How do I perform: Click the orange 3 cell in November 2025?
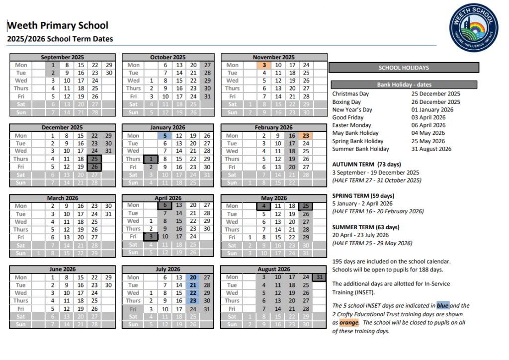(264, 65)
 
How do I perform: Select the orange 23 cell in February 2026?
(306, 136)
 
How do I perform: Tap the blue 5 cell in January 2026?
(165, 136)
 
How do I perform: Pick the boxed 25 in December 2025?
(94, 159)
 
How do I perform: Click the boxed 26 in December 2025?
(94, 167)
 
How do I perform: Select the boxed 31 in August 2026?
(320, 277)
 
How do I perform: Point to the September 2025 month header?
(63, 57)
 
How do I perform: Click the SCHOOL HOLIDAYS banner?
(404, 68)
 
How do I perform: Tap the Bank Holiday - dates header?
(404, 85)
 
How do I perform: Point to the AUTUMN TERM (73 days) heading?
(366, 164)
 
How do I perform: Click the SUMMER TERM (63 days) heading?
(366, 227)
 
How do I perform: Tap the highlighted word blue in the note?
(443, 306)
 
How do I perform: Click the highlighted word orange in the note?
(348, 323)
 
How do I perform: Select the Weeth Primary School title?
(58, 26)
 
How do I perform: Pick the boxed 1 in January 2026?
(151, 159)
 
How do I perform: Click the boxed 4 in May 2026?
(264, 206)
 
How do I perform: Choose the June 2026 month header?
(63, 270)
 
